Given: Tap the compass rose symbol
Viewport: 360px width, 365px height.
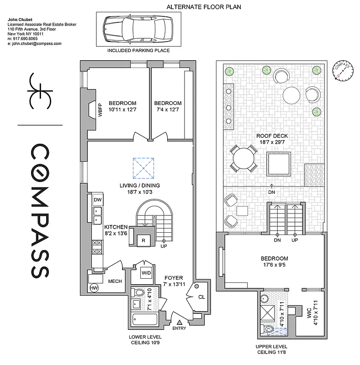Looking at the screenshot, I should click(x=343, y=70).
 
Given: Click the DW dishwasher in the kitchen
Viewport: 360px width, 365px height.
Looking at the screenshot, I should click(x=97, y=200).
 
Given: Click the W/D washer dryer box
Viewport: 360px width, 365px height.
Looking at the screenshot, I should click(x=146, y=273).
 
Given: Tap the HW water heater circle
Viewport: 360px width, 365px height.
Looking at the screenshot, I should click(x=95, y=288).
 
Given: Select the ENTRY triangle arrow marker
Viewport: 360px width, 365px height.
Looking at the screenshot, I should click(x=179, y=322).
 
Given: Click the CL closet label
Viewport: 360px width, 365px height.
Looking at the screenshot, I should click(x=201, y=297).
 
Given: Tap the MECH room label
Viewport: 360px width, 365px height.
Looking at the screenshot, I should click(x=115, y=281).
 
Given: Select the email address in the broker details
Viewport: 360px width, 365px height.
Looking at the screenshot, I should click(x=35, y=43).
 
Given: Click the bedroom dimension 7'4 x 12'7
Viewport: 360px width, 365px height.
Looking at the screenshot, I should click(x=168, y=106).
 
